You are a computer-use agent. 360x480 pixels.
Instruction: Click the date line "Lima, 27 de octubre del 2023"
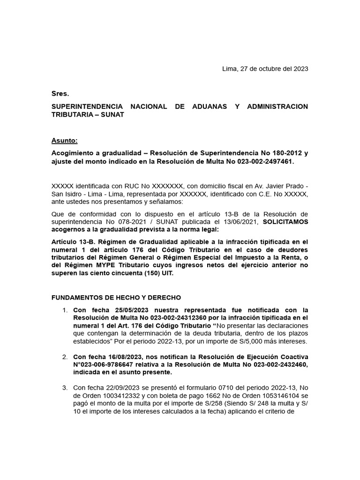[x=265, y=69]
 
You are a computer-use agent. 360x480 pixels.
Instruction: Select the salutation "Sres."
[x=60, y=94]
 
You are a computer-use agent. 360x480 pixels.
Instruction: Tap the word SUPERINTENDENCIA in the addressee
[x=87, y=106]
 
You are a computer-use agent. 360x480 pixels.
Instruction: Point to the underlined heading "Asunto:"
[x=64, y=140]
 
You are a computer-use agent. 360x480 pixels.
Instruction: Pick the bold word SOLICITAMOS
[x=285, y=221]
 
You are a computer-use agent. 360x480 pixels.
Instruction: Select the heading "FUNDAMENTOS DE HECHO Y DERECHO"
[x=116, y=298]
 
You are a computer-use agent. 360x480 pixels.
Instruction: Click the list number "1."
[x=65, y=310]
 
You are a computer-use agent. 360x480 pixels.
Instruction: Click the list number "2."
[x=65, y=358]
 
